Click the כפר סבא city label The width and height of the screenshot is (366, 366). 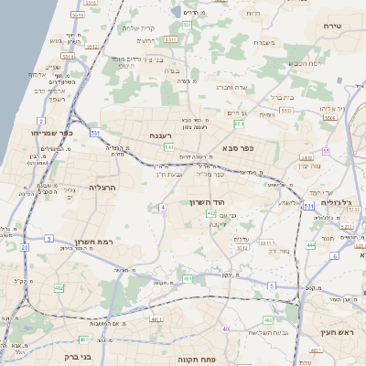(237, 146)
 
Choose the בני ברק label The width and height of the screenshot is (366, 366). (71, 350)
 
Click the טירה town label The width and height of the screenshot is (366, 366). (331, 27)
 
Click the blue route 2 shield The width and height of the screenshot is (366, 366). (41, 120)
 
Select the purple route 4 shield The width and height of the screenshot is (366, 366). (163, 208)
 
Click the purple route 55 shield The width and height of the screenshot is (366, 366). (326, 151)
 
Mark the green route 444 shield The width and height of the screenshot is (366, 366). (311, 245)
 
